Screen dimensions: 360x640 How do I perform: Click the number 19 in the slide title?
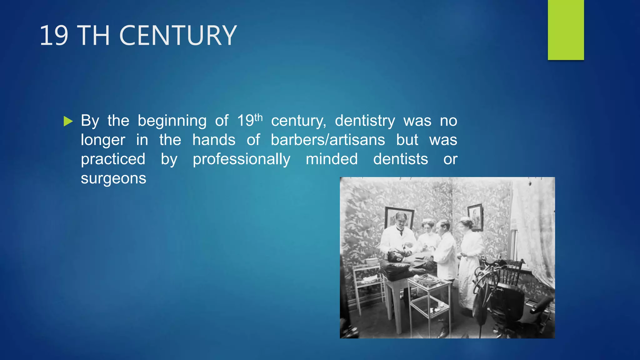[x=54, y=36]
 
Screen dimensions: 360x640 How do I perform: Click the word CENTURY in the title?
[x=178, y=36]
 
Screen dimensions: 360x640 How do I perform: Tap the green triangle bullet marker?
[x=68, y=121]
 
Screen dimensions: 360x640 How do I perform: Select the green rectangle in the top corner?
[x=566, y=30]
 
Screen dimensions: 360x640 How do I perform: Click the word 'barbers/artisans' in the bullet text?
[x=328, y=140]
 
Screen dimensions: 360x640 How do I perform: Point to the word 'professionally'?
[x=241, y=159]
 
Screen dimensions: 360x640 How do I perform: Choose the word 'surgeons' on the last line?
[x=113, y=178]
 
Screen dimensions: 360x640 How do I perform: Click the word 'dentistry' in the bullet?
[x=365, y=121]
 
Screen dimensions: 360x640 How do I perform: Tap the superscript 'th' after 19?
[x=258, y=117]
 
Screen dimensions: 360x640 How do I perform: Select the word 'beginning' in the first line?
[x=172, y=121]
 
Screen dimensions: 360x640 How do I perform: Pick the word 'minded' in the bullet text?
[x=332, y=159]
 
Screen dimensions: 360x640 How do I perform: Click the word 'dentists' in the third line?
[x=400, y=159]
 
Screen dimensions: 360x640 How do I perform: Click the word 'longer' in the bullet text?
[x=103, y=140]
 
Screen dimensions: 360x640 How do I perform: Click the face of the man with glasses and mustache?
[x=401, y=220]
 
